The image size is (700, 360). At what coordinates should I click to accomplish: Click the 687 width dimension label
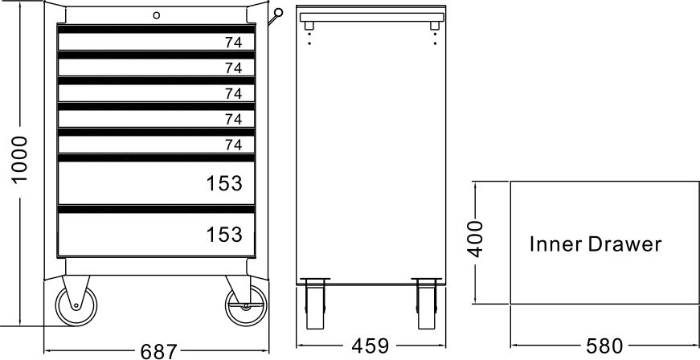158,350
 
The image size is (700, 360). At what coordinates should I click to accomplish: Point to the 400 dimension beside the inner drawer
477,238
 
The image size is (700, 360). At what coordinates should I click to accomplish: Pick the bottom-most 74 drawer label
233,145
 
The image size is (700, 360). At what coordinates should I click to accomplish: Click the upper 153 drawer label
223,184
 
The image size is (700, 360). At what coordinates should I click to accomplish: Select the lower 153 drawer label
223,235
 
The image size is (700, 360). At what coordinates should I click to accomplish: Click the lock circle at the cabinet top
158,14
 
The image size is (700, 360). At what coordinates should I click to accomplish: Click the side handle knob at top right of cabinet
278,12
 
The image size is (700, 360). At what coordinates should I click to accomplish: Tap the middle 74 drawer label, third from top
233,93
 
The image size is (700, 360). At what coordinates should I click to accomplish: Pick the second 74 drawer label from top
233,67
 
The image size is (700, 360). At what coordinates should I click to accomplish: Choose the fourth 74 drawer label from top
233,119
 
